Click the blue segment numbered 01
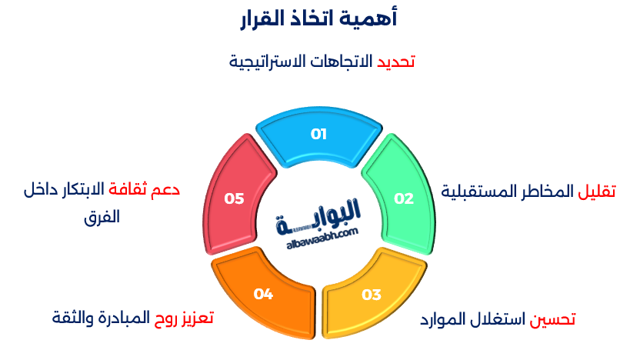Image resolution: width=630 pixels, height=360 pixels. pos(318,135)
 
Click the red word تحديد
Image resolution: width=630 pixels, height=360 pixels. pos(396,62)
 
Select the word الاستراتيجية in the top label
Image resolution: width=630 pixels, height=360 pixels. pos(266,62)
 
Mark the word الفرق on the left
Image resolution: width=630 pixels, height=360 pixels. pos(103,217)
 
